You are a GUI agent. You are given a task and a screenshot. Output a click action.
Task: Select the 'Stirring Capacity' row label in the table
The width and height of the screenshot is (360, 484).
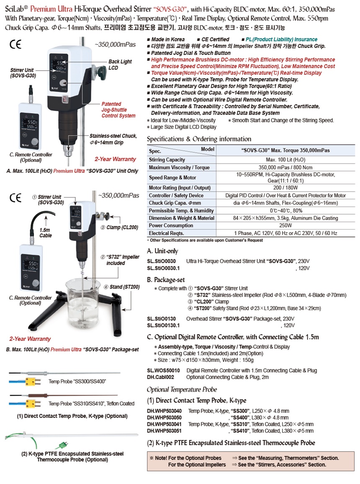[167, 160]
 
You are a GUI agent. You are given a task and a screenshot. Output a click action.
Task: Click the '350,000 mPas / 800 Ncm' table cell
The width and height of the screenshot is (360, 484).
[285, 167]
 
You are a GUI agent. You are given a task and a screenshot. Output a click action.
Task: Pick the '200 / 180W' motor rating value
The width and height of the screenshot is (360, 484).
[285, 188]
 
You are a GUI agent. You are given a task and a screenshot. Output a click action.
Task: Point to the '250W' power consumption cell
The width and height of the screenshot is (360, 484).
[285, 225]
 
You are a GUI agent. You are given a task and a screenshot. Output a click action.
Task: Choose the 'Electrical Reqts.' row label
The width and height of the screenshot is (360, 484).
[167, 233]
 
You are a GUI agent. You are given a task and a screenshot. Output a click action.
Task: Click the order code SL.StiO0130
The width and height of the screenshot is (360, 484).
[161, 319]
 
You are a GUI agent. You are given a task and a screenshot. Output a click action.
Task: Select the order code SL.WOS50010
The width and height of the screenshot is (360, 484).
[163, 370]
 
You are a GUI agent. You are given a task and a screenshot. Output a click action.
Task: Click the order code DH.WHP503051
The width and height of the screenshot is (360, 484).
[165, 430]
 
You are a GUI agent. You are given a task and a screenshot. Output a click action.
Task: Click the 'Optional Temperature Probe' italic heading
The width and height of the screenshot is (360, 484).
[182, 389]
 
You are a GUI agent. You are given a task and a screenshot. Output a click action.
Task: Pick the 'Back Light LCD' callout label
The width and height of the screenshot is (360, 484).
[120, 64]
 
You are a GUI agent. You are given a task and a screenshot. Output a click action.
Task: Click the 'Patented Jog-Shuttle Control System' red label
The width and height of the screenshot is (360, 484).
[118, 110]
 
